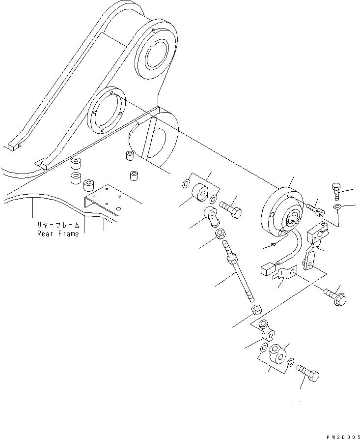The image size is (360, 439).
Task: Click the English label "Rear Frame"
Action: pos(58,234)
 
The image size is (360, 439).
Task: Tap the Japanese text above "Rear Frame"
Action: pos(58,225)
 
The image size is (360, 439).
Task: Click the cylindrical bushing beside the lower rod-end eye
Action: pos(278,354)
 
